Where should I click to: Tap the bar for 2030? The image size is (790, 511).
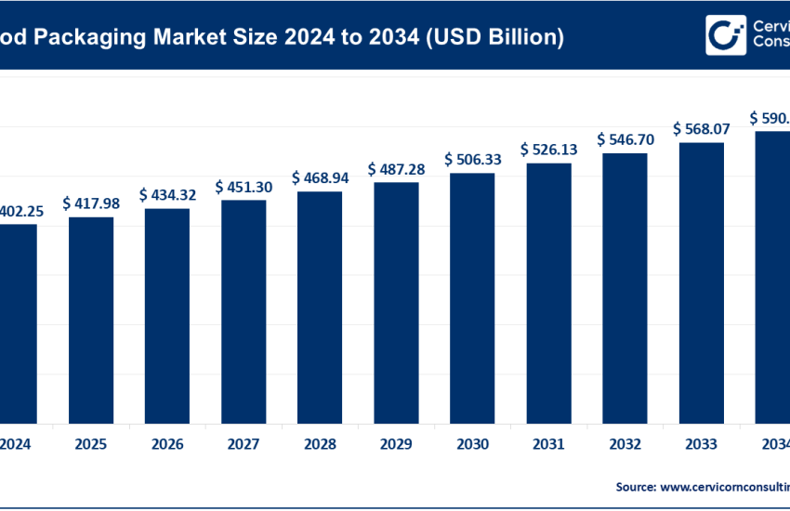[x=472, y=296]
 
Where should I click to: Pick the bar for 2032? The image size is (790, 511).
[x=625, y=287]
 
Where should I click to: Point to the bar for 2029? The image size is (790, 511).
[x=396, y=301]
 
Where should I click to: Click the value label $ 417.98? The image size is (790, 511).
[x=91, y=203]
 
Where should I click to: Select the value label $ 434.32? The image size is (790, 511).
[x=167, y=194]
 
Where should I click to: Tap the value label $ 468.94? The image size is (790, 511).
[x=320, y=177]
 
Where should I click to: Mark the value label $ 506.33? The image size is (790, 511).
[x=472, y=159]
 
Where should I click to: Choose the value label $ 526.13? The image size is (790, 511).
[x=548, y=149]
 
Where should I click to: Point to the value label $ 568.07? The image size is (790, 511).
[x=701, y=128]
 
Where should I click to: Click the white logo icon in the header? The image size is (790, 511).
[x=724, y=34]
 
